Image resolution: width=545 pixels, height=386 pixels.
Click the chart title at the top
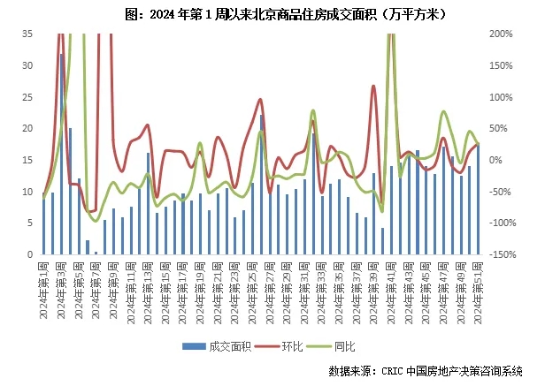[x=272, y=14]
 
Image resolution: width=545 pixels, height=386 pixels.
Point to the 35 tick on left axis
[x=27, y=34]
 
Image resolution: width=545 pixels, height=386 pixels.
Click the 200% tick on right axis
[x=501, y=34]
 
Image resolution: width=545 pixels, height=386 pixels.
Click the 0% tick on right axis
[x=495, y=160]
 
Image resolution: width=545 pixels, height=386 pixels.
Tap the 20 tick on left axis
[x=27, y=128]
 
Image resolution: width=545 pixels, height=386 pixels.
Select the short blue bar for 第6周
[x=88, y=247]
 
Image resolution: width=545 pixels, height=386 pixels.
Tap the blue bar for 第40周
[x=382, y=241]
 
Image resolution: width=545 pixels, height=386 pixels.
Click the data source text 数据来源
[x=425, y=371]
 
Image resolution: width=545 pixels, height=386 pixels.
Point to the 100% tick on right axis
[x=501, y=96]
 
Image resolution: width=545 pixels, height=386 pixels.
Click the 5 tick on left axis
[x=29, y=223]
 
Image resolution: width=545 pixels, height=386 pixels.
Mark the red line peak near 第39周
[x=374, y=87]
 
